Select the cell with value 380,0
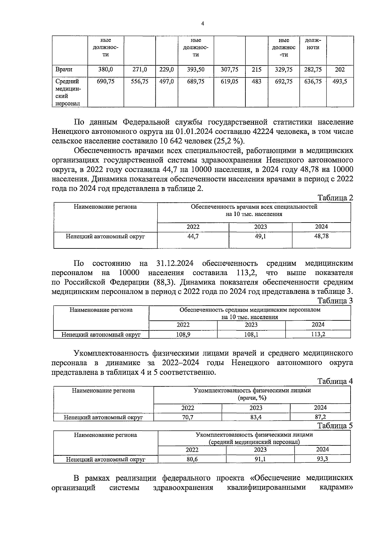(105, 69)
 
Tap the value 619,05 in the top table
(229, 81)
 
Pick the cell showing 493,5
(340, 81)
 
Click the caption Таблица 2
(335, 198)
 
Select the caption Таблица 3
(335, 301)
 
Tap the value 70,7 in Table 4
(188, 417)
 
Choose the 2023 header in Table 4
(256, 408)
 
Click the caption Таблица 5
(335, 426)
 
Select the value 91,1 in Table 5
(260, 459)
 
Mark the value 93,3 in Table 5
(322, 459)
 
